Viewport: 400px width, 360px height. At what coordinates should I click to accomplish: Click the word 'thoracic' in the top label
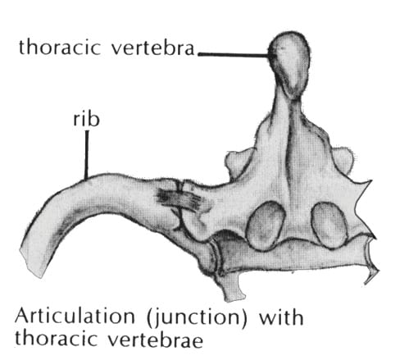click(60, 47)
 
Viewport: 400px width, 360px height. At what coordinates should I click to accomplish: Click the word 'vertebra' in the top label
click(152, 48)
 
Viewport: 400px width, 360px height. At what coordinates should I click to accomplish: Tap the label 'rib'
click(86, 119)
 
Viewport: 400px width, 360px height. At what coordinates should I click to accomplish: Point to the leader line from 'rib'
click(87, 155)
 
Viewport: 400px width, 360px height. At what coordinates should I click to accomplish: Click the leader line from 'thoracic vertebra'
click(234, 55)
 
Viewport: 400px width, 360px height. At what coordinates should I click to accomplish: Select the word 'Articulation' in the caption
click(75, 317)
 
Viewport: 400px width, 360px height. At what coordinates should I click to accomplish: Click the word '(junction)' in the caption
click(197, 318)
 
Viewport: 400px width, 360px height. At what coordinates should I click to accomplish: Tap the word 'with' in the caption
click(281, 317)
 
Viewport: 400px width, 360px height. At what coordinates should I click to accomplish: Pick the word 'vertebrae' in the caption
click(156, 339)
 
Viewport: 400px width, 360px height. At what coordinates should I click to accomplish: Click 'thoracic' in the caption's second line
click(56, 339)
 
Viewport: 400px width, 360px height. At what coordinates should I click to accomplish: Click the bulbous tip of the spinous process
click(290, 63)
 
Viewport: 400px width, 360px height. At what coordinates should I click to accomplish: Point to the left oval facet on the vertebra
click(266, 226)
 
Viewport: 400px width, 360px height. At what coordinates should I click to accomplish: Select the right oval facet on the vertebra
click(330, 225)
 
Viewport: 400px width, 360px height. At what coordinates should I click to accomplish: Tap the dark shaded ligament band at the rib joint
click(181, 200)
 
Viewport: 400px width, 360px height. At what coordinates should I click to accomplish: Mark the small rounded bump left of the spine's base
click(236, 162)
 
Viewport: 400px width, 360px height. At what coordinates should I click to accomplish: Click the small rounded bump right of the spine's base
click(342, 161)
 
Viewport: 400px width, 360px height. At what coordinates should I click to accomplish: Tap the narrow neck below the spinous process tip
click(288, 109)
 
